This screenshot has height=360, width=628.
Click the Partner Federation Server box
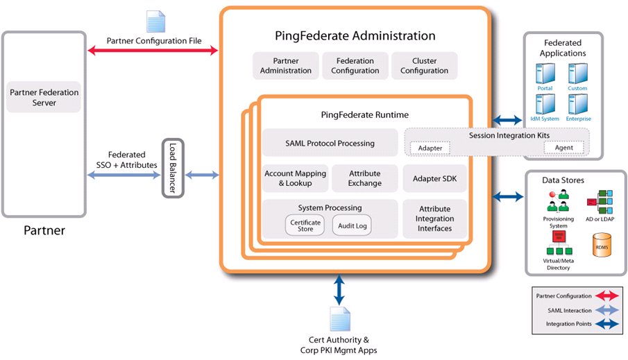[x=44, y=97]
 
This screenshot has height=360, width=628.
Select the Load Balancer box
[x=173, y=168]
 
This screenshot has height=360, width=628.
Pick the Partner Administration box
[x=286, y=66]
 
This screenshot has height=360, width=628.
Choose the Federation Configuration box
[x=355, y=66]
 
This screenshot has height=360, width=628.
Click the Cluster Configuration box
[x=424, y=66]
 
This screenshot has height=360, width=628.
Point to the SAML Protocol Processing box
[x=330, y=143]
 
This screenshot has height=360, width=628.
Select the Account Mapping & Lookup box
[x=295, y=178]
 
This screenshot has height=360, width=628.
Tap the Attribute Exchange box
[x=365, y=178]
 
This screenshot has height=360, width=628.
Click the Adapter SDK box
[x=435, y=178]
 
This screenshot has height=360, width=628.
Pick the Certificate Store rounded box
[x=305, y=225]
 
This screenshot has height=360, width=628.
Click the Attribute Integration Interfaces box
[x=435, y=218]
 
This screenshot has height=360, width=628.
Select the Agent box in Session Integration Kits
[x=563, y=148]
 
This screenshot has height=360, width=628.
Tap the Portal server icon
[x=545, y=74]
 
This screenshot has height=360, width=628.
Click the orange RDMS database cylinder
[x=601, y=245]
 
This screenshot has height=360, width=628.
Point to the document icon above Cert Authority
[x=339, y=319]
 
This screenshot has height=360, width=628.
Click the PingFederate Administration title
[x=355, y=35]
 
